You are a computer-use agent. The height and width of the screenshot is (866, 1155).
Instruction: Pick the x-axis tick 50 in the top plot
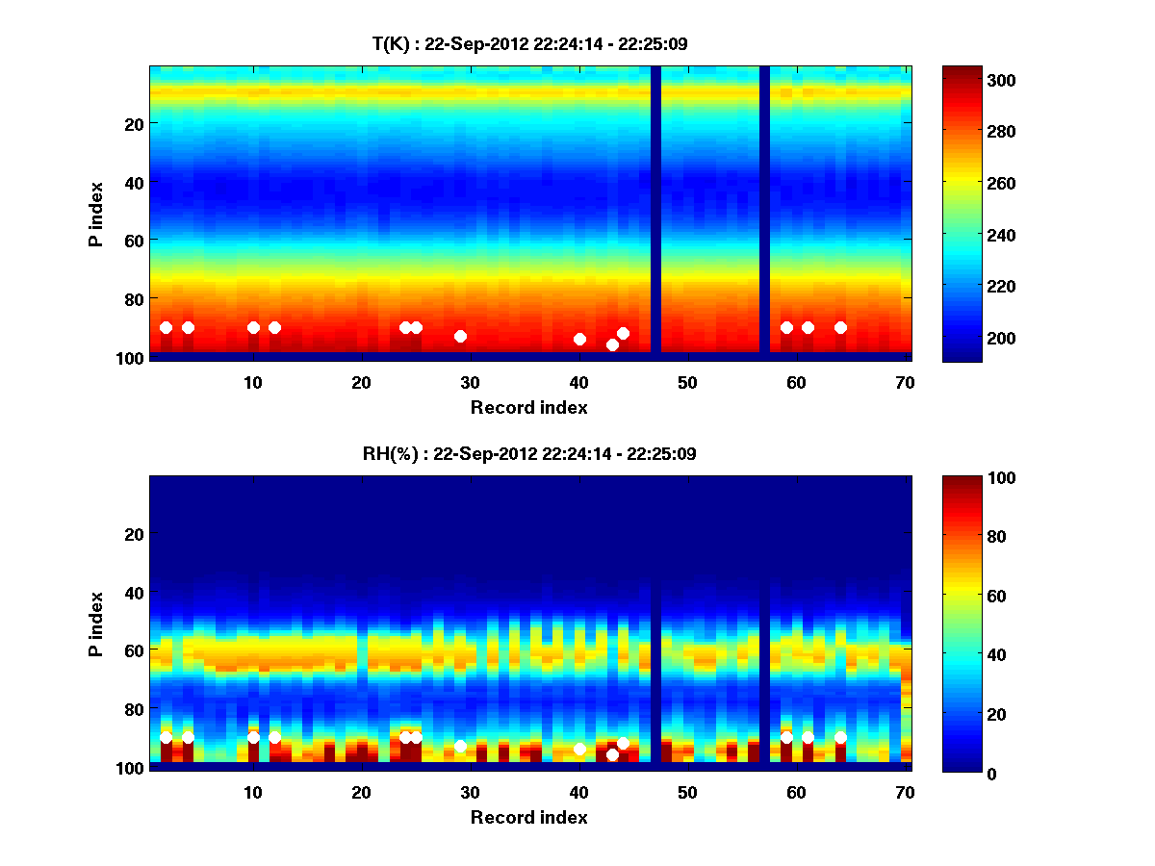click(687, 381)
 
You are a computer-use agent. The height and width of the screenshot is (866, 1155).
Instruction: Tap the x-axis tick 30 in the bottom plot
click(471, 791)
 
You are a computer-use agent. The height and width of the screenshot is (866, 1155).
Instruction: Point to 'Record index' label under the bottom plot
click(528, 817)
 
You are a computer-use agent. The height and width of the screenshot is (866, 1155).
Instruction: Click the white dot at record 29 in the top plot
click(460, 336)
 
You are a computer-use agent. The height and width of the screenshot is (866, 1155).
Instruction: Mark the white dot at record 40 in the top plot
click(579, 339)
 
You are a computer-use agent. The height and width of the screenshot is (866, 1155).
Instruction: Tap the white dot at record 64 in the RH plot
click(840, 737)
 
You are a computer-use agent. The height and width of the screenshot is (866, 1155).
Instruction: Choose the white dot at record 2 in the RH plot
click(166, 737)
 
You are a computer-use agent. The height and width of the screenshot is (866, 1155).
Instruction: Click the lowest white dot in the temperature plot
click(612, 344)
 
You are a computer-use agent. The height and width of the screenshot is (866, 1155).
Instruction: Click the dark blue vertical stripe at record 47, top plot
click(655, 212)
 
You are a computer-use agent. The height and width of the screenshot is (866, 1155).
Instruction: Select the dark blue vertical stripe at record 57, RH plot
click(764, 621)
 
